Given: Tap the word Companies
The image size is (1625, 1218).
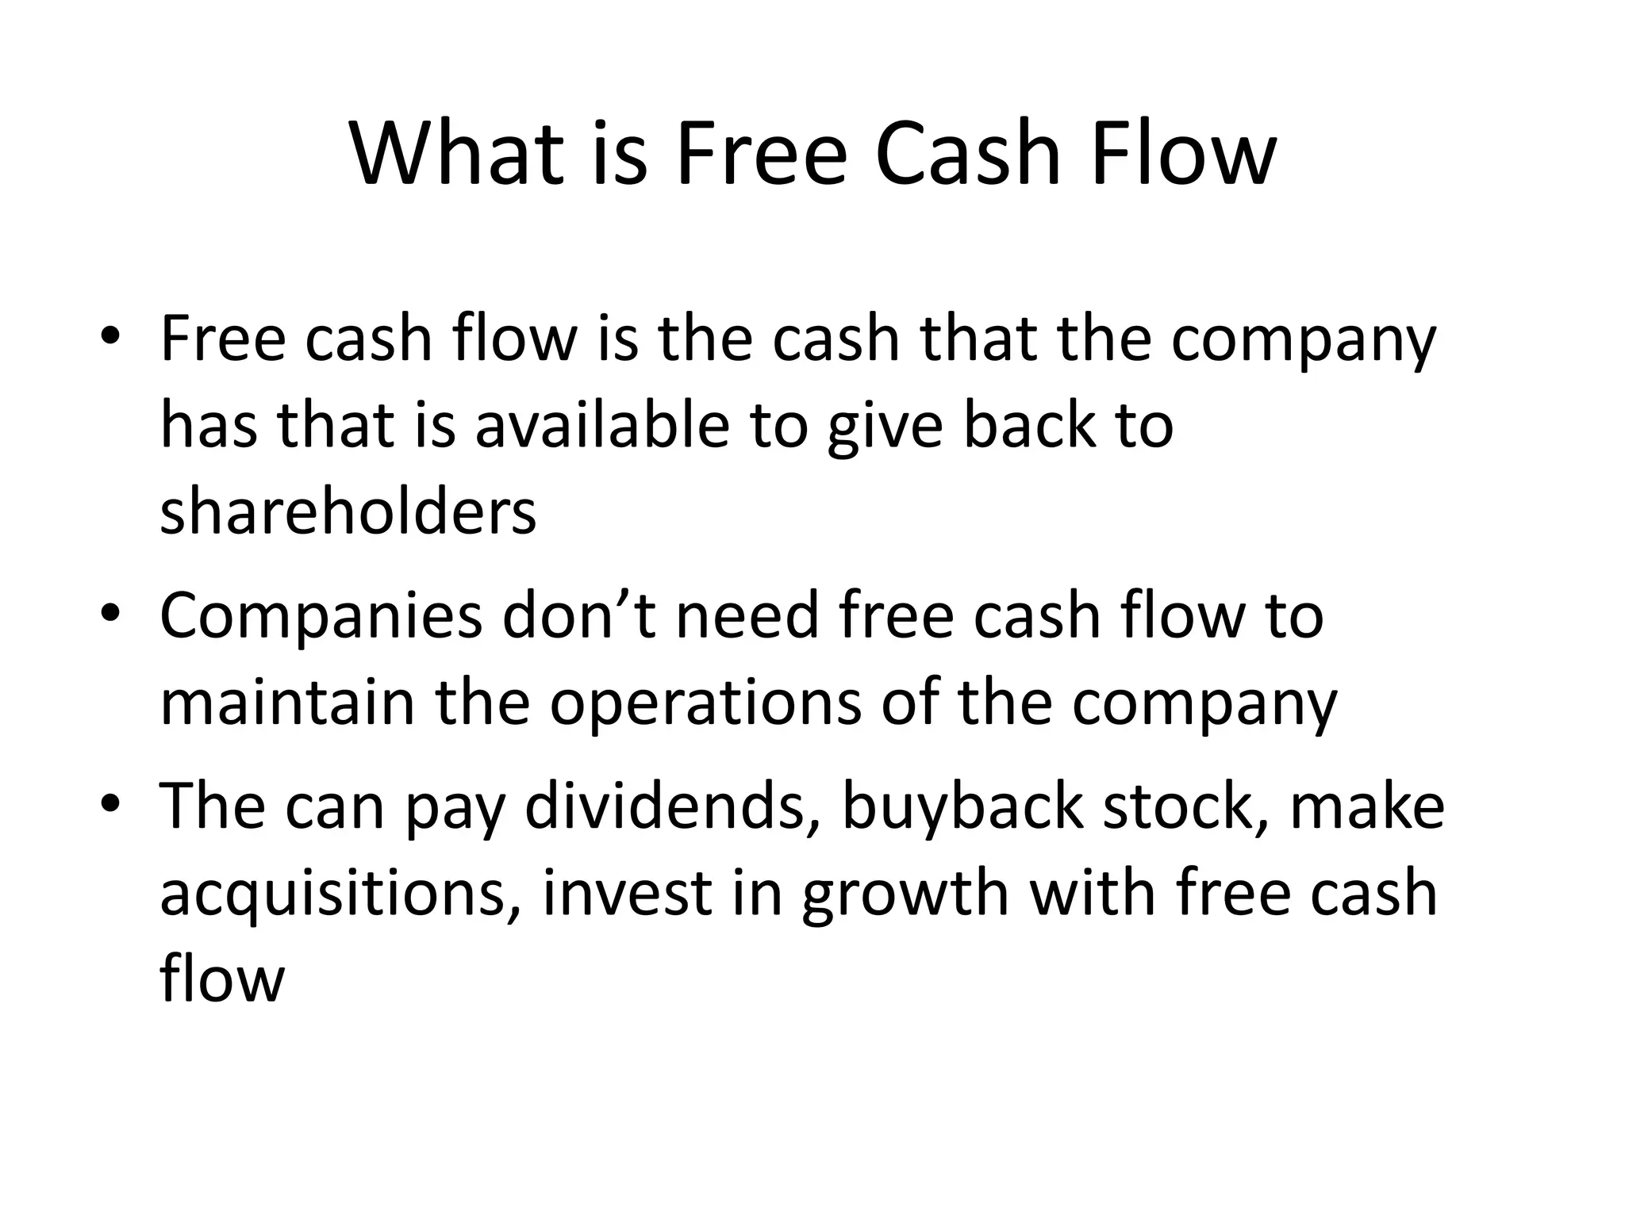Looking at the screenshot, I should click(321, 615).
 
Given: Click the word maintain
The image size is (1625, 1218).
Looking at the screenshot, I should click(287, 703).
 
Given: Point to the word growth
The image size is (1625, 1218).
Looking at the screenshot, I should click(905, 894).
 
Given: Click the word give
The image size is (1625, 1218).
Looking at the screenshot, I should click(885, 425).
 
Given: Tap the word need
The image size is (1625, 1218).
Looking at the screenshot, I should click(747, 615).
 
